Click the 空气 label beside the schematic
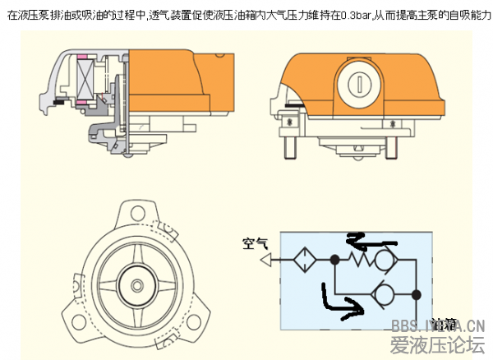pyautogui.click(x=255, y=243)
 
